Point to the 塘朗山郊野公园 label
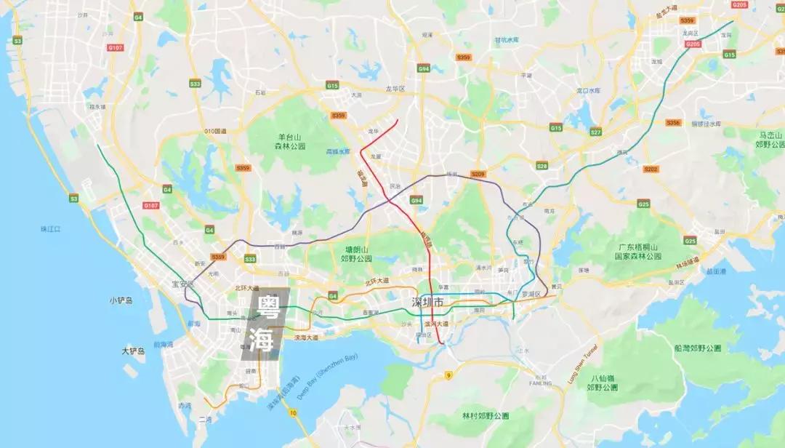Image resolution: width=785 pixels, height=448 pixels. point(356,253)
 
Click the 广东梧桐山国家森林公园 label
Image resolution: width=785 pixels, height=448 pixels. point(637,252)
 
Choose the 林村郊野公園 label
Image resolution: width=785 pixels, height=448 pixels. point(486,416)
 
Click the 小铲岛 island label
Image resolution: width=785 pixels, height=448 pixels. point(121,300)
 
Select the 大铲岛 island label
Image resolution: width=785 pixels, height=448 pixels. point(133,351)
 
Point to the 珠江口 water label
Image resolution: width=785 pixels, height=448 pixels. point(51,229)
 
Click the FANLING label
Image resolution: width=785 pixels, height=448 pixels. point(542,383)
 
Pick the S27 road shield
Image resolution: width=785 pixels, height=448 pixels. point(595,132)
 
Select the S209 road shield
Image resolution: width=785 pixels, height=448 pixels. point(478,175)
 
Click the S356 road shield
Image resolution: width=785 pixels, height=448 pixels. point(673,123)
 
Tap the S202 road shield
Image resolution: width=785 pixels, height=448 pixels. point(651,169)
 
